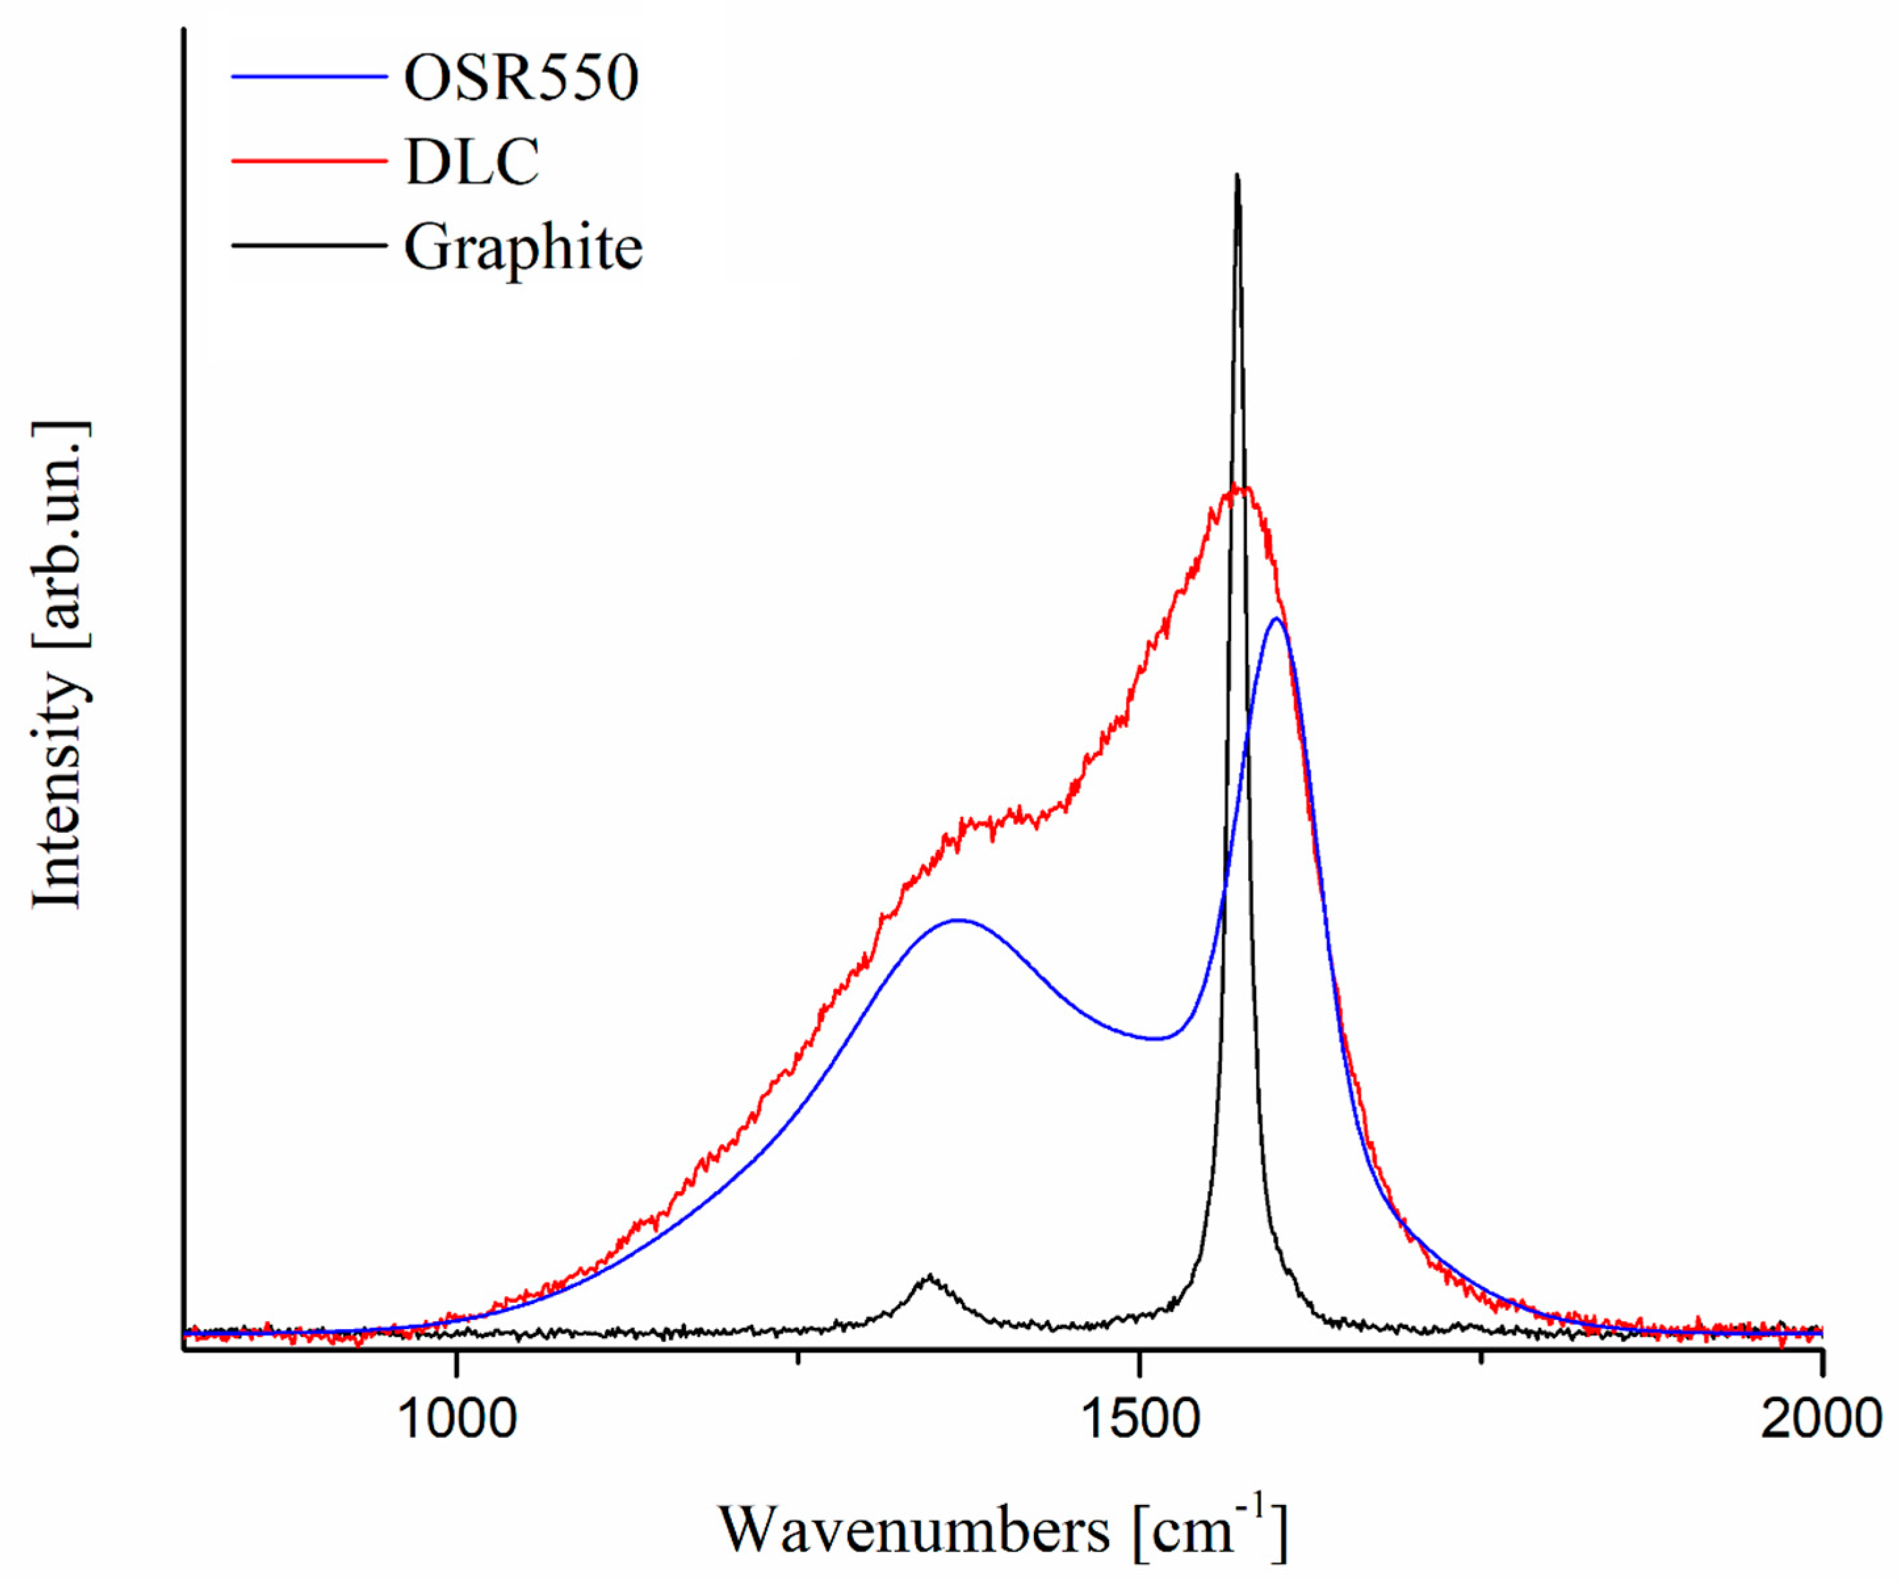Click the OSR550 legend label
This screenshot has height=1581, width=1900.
click(521, 78)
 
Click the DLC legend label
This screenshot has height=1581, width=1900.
click(472, 163)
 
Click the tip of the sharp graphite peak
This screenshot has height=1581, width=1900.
click(1237, 177)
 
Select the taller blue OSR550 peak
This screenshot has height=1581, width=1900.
click(1276, 620)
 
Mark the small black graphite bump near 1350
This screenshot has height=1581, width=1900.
click(928, 1277)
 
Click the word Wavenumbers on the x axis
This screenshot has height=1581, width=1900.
click(914, 1531)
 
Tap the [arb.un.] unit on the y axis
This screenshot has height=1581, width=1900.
click(60, 534)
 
